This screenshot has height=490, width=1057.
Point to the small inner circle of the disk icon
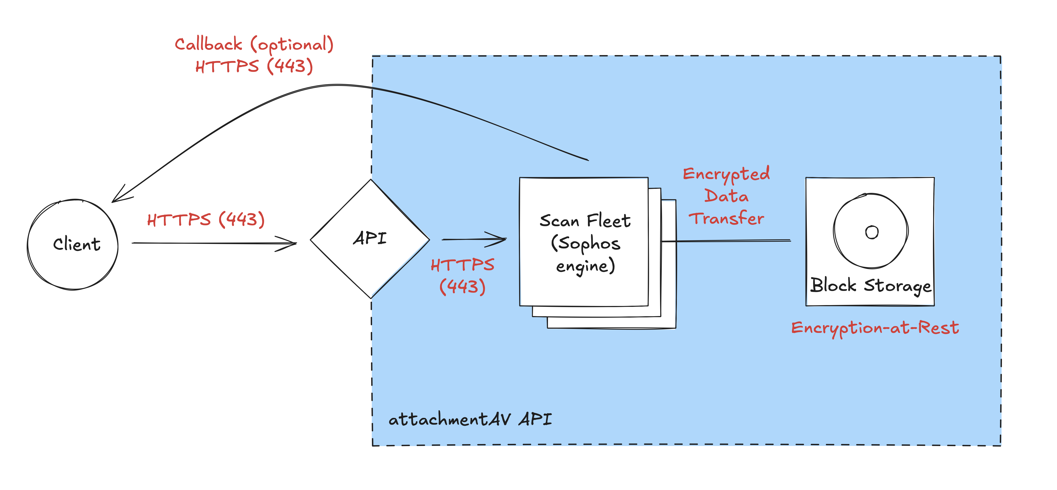[x=872, y=232]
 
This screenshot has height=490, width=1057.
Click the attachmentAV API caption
[x=470, y=419]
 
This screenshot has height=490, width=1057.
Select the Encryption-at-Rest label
[x=875, y=328]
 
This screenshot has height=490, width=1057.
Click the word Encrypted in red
[x=726, y=174]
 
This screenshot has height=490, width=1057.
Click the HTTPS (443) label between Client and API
[x=206, y=220]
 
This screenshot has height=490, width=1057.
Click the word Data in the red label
[x=726, y=196]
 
